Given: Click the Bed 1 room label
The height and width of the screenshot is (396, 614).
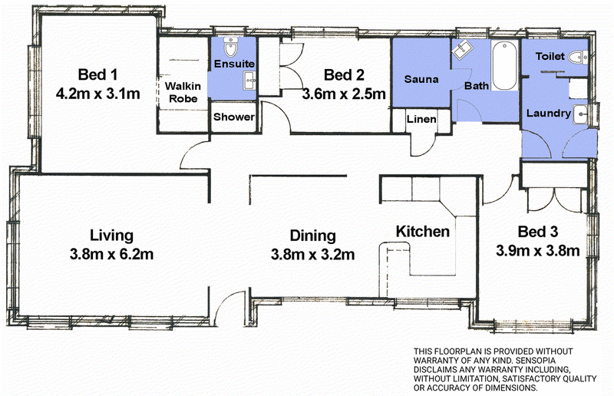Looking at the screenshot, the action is [x=97, y=74].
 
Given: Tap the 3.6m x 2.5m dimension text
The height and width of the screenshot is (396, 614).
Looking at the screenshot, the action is [x=344, y=94].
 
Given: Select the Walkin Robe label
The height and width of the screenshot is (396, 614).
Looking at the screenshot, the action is [x=183, y=92].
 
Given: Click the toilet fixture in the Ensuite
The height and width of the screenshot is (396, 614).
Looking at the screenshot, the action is [x=231, y=48].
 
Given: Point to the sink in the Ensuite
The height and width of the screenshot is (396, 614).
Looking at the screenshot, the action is [x=250, y=81].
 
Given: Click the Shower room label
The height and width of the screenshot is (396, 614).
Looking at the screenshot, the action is [x=234, y=117].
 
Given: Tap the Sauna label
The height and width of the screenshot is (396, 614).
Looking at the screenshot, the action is [x=421, y=79].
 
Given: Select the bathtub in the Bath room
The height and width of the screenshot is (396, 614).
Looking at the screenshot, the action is [x=504, y=66].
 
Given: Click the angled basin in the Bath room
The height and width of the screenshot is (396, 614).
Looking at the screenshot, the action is [x=463, y=49].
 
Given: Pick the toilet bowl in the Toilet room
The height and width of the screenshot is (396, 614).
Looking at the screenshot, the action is [x=579, y=58].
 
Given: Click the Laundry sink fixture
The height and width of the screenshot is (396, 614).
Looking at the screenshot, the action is [x=581, y=114].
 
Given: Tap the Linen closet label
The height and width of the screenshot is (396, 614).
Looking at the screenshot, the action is [x=421, y=119].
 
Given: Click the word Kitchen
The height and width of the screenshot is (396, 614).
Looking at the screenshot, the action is [x=423, y=232].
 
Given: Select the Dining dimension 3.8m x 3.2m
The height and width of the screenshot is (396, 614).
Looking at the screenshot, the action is [x=312, y=255].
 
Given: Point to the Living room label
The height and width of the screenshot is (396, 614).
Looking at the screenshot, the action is [x=111, y=236].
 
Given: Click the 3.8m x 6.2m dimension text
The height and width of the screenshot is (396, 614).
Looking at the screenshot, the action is [x=111, y=255].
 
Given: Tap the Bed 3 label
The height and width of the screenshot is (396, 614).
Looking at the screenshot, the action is [x=538, y=232].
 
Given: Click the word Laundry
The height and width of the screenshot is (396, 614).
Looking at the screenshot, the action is [x=549, y=114].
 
